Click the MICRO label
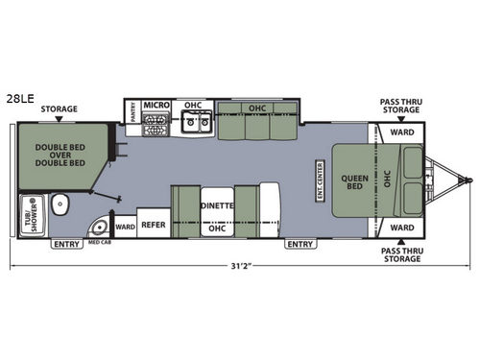pos(156,106)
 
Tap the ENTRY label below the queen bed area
pos(300,244)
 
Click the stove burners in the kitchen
pos(156,123)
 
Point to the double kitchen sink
pos(197,122)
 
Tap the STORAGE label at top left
pos(60,109)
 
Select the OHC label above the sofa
pos(256,109)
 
